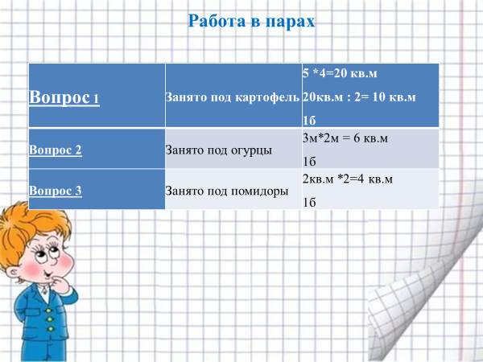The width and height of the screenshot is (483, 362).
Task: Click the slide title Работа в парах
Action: (251, 22)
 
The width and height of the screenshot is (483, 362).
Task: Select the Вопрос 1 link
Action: (64, 97)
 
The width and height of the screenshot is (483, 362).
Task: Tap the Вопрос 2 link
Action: (56, 150)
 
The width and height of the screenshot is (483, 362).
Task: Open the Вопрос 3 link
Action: (56, 191)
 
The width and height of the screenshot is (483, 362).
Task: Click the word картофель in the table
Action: (267, 97)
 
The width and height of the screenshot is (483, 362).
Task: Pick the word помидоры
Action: (259, 191)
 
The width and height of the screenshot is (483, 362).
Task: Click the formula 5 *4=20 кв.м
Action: (340, 73)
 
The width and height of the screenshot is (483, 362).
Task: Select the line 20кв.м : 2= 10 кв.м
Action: (359, 97)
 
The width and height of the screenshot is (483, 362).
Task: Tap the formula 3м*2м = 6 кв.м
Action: (345, 138)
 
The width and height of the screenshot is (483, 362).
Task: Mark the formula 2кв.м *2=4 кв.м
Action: (348, 179)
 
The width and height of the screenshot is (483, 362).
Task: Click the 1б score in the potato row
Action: (309, 121)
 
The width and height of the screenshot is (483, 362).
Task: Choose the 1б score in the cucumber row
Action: (309, 162)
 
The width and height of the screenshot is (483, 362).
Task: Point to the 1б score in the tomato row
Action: (309, 203)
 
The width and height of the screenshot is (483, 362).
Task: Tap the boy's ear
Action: (13, 273)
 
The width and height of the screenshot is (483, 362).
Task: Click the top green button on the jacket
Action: (48, 311)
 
